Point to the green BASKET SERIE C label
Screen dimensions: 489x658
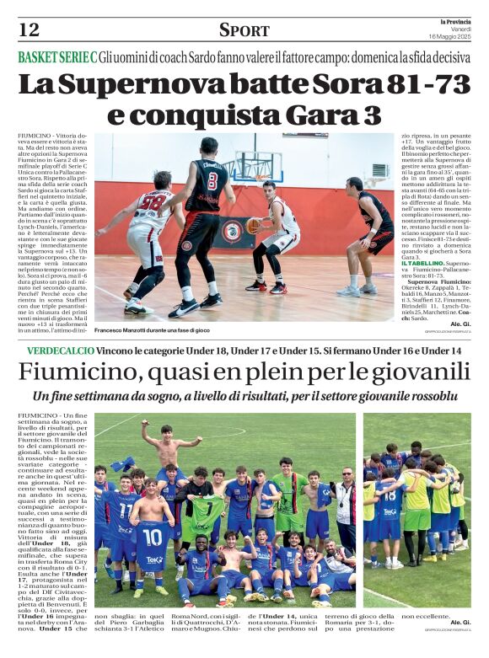pyautogui.click(x=56, y=57)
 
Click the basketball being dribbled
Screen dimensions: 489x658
pyautogui.click(x=254, y=226)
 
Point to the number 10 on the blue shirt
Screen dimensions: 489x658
pyautogui.click(x=151, y=537)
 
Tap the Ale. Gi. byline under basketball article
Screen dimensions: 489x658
pyautogui.click(x=460, y=324)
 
